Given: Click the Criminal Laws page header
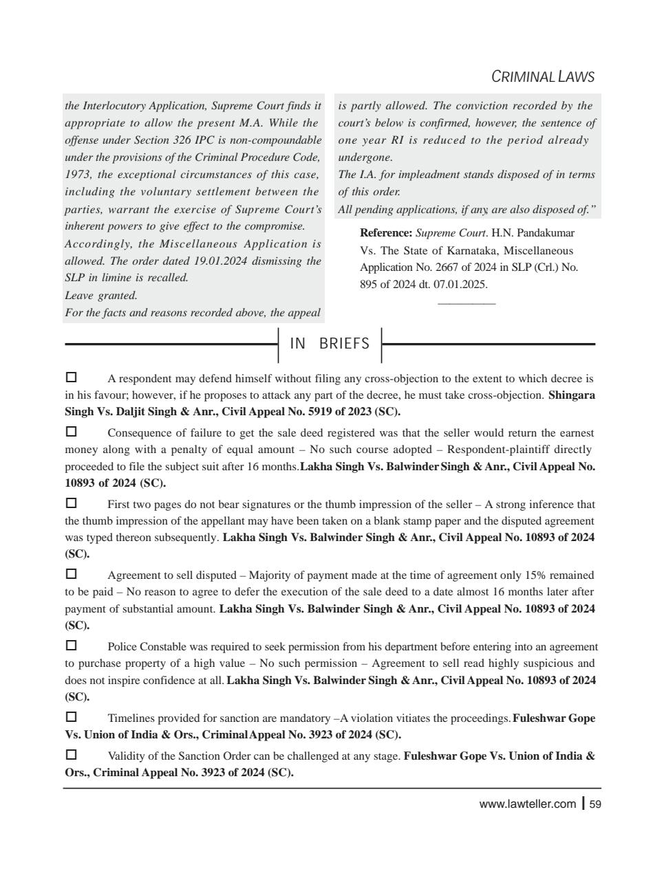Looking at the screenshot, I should pos(543,77).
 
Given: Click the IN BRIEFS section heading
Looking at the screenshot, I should pos(330,344).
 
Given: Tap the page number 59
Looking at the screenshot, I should pos(596,804).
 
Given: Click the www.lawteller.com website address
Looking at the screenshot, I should pos(527,804).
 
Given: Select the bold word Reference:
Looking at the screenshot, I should pos(386,234).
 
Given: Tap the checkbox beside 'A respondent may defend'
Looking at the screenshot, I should pos(71,377).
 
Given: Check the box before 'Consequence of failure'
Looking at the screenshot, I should pos(71,432).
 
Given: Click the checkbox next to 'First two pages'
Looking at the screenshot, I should pos(71,503).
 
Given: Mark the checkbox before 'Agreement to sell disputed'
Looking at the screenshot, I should pos(71,574).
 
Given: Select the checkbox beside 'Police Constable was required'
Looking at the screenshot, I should pos(71,646).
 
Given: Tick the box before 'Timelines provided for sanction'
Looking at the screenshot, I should pos(71,717).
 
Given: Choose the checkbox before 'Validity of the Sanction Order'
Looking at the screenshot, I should pos(71,755).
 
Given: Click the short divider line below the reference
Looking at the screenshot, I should pos(467,303).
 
